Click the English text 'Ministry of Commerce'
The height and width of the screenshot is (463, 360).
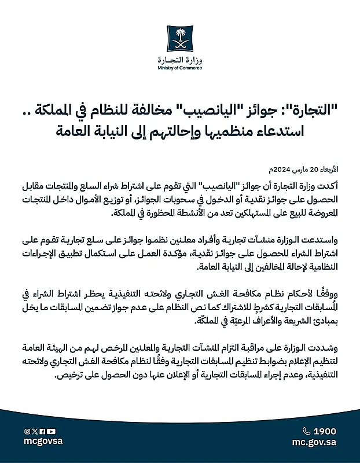point(179,68)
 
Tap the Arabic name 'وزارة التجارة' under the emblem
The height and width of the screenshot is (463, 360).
point(179,60)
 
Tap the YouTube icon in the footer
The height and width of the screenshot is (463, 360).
point(52,431)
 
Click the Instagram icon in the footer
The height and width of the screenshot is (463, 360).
point(27,431)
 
